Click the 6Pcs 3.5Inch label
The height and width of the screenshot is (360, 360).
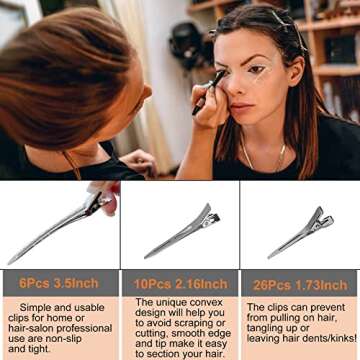point(58,282)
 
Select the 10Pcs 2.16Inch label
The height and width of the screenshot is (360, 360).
point(180,282)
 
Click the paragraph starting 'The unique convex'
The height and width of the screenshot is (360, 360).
point(179,328)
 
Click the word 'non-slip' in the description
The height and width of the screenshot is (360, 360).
point(71,339)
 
